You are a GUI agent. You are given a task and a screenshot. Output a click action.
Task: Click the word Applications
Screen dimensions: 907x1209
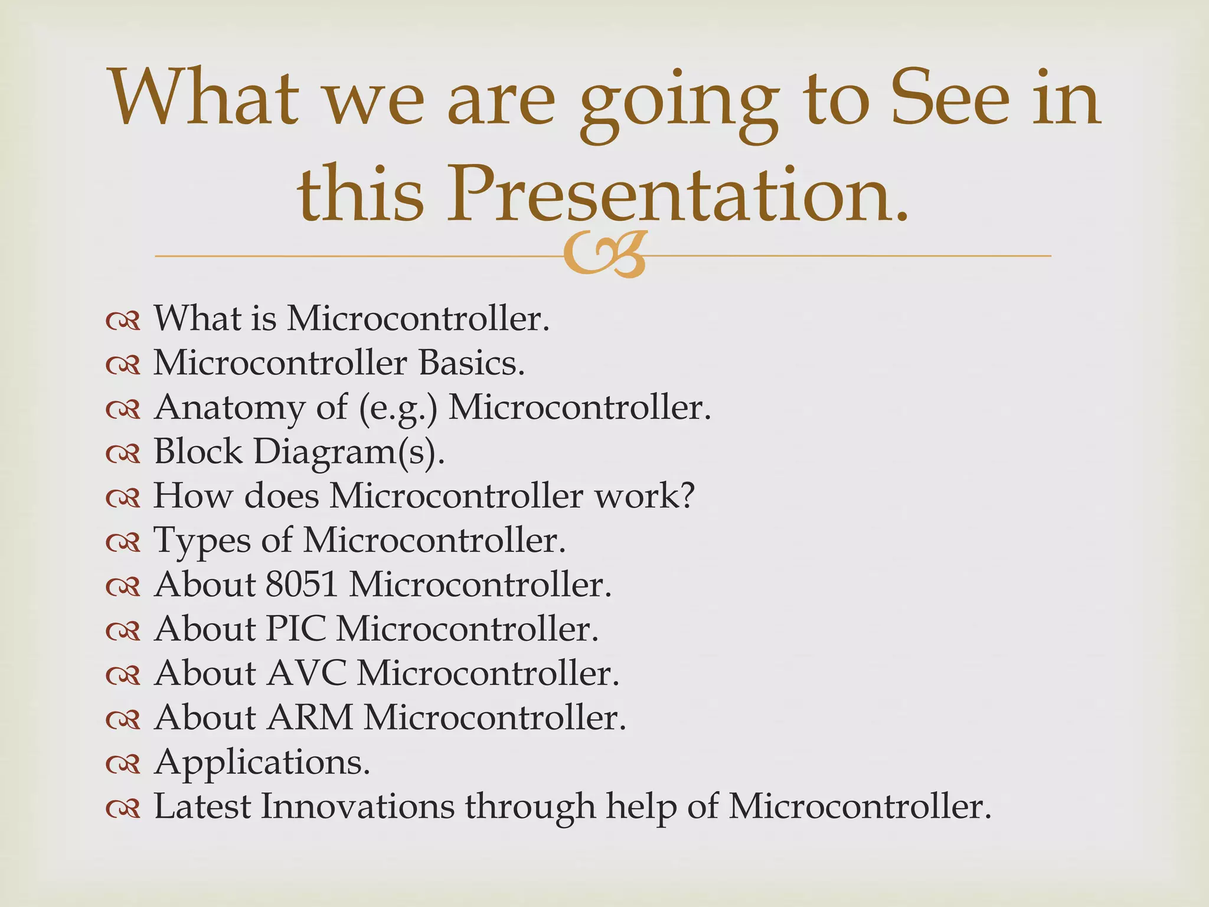tap(262, 763)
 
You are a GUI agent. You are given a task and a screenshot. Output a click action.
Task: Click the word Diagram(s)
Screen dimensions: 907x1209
tap(349, 452)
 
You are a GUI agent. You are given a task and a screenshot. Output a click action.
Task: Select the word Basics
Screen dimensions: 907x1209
tap(472, 363)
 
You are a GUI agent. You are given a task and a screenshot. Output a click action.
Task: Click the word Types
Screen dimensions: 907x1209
tap(202, 541)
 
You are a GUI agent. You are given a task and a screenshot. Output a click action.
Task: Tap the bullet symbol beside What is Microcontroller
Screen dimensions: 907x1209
tap(123, 321)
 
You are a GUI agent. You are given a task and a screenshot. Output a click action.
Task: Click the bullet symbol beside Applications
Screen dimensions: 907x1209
tap(123, 765)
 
